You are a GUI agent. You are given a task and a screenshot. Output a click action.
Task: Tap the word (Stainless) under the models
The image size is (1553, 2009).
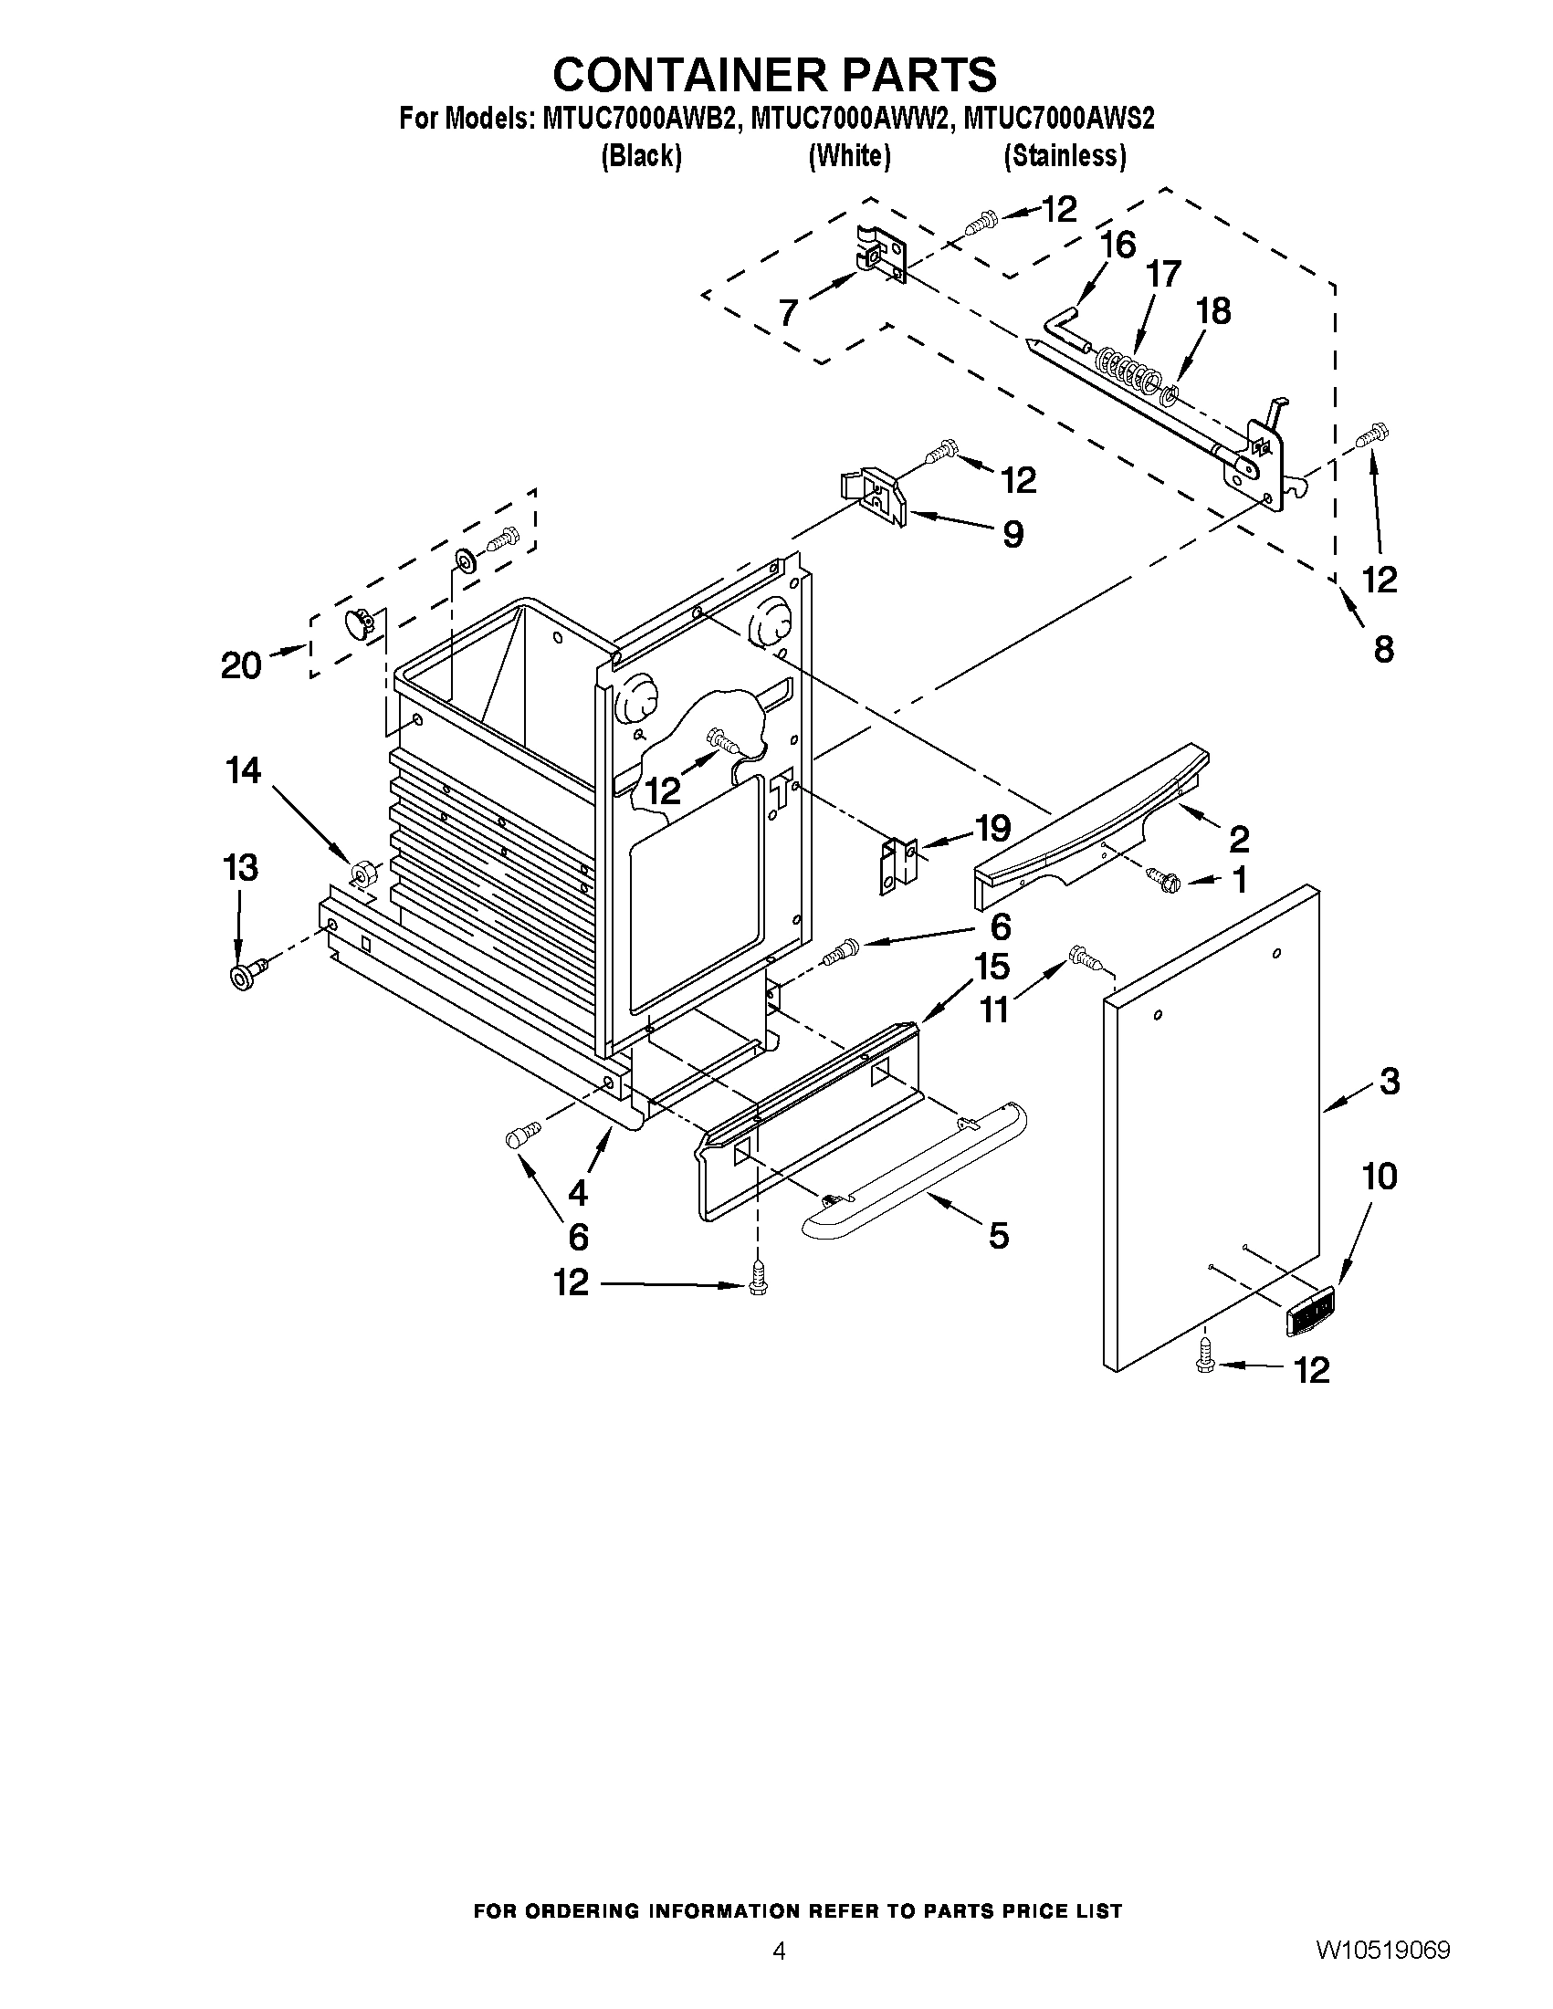(1065, 156)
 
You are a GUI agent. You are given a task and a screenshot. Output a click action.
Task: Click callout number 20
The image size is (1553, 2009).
(241, 664)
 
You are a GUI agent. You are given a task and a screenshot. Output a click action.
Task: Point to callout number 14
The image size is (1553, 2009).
(244, 770)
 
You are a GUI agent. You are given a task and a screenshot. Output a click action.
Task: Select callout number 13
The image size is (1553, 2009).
(240, 867)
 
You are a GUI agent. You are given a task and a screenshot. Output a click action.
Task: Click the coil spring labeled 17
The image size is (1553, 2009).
(1129, 365)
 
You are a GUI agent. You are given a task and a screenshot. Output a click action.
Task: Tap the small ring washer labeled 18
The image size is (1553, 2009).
(1170, 396)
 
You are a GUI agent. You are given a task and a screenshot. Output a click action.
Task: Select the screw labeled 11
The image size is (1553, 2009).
(1086, 958)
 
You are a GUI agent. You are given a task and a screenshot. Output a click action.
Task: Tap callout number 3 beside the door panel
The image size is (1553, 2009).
(1389, 1081)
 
